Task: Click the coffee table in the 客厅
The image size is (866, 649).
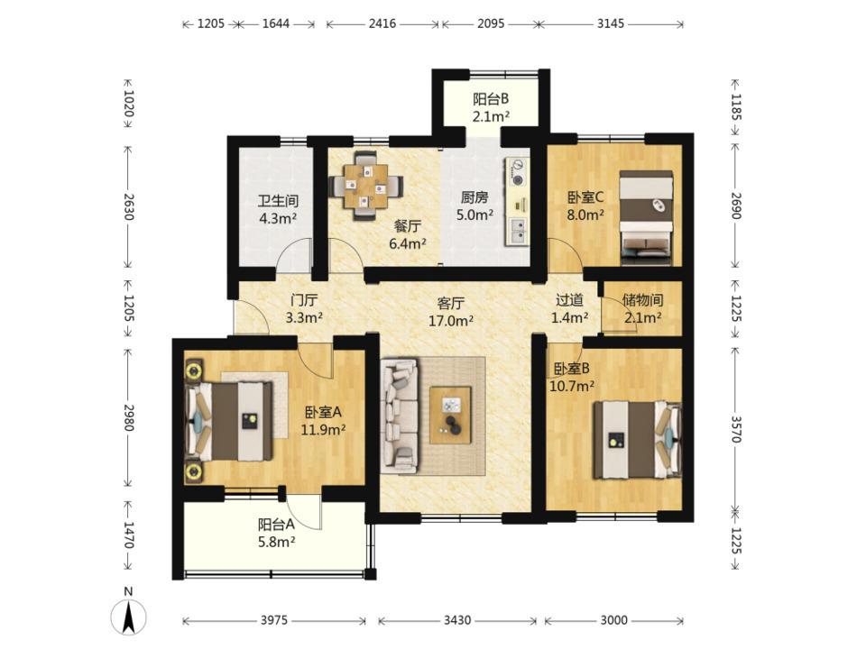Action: [451, 415]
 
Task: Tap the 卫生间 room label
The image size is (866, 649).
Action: [278, 201]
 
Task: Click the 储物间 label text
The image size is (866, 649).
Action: [642, 300]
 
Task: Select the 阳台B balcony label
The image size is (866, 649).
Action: [491, 99]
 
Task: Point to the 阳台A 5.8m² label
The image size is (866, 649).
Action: [277, 533]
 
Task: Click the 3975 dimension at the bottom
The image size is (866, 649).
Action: [274, 620]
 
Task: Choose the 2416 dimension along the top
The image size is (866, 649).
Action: [382, 23]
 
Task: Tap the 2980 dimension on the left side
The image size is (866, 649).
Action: [128, 417]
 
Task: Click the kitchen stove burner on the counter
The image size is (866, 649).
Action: [518, 172]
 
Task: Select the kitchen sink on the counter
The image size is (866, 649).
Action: [518, 232]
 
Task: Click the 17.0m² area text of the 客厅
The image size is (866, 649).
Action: [451, 321]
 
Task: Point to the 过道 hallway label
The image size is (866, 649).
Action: [569, 300]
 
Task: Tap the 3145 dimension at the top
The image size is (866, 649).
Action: [611, 23]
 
